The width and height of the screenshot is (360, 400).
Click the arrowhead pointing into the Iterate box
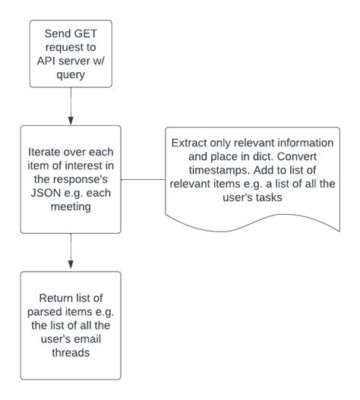(70, 120)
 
